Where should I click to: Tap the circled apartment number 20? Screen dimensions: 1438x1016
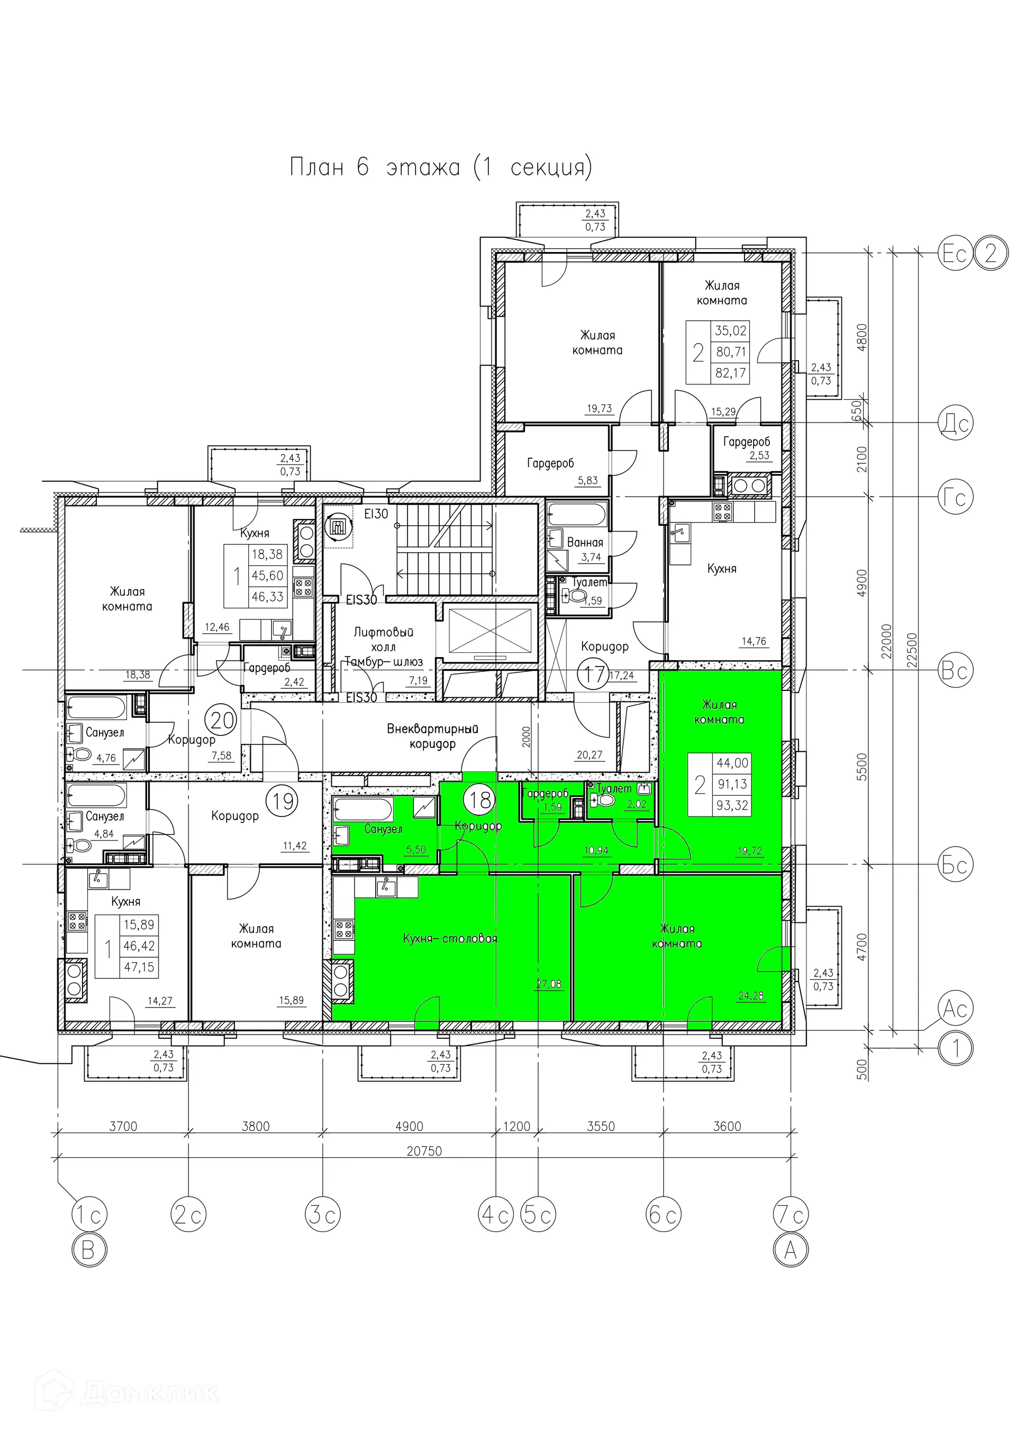223,721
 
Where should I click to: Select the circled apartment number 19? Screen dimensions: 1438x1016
284,801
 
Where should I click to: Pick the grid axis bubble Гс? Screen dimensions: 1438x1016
956,497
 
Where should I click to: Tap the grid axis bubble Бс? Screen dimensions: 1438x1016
956,865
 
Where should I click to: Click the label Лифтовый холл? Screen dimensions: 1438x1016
383,640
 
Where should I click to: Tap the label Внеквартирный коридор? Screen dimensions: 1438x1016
432,736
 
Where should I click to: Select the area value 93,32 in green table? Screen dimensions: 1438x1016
732,805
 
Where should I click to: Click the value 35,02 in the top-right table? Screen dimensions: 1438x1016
731,331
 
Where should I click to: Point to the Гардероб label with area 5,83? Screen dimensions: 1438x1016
550,463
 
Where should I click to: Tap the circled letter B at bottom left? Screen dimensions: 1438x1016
88,1251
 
